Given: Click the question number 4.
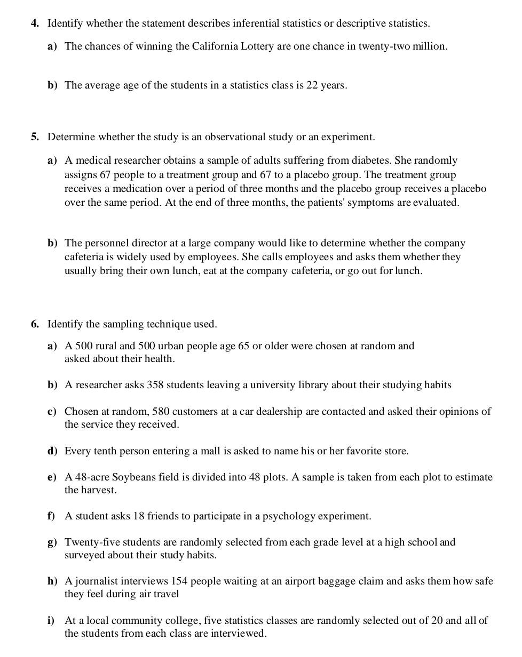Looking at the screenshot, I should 35,23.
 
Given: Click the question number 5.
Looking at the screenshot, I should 35,137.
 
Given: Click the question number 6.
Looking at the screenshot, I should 35,324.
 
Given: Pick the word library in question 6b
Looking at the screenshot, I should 312,385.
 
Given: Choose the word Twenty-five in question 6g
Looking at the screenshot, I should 89,542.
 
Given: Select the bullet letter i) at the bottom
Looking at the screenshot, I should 51,621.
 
